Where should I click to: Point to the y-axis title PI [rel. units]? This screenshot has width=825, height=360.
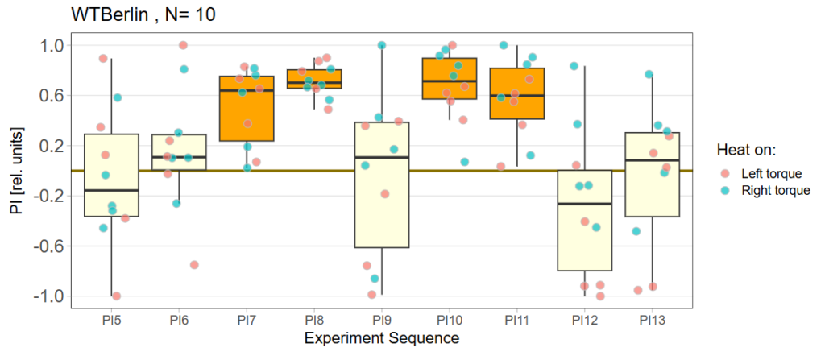coord(19,170)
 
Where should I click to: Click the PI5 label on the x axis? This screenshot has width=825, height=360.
coord(111,320)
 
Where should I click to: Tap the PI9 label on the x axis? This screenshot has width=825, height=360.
coord(382,320)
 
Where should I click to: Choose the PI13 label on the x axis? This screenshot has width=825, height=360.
coord(652,320)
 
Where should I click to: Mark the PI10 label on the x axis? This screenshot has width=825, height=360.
coord(450,320)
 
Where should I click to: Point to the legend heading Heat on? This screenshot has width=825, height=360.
coord(746,150)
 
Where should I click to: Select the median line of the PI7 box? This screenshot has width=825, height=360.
coord(247,90)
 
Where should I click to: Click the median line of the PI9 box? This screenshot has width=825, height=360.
coord(382,157)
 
